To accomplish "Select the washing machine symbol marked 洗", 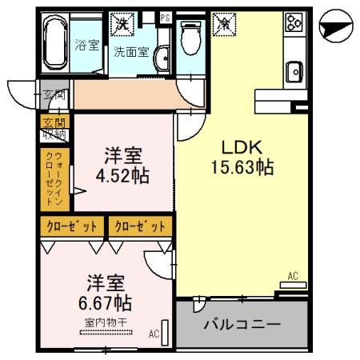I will (x=124, y=24).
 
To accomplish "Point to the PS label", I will (x=166, y=17).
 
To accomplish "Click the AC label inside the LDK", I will (x=292, y=276).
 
